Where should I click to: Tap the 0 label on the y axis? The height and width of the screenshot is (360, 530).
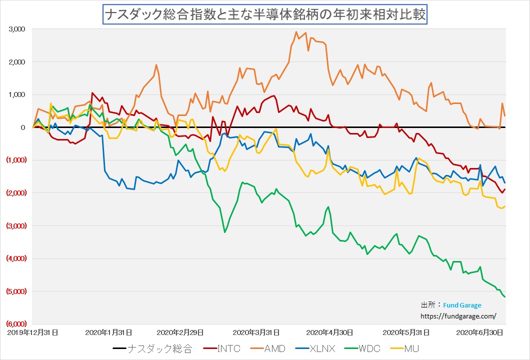click(23, 127)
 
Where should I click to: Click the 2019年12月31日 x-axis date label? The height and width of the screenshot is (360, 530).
click(32, 331)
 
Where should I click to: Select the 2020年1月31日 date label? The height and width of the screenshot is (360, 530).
click(108, 331)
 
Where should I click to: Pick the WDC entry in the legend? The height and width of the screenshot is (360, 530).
click(370, 348)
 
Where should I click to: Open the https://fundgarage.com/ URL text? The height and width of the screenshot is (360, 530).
click(459, 316)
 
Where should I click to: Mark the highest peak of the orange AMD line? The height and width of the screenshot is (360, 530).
click(297, 32)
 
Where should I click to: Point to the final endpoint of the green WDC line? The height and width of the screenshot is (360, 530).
click(505, 297)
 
